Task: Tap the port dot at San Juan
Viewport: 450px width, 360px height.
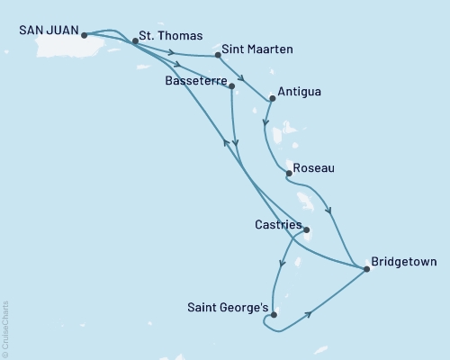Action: pyautogui.click(x=84, y=36)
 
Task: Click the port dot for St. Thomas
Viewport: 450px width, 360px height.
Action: pyautogui.click(x=135, y=40)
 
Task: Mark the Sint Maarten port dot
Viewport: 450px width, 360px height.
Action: pyautogui.click(x=218, y=56)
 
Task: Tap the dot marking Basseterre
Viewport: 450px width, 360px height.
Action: pyautogui.click(x=233, y=86)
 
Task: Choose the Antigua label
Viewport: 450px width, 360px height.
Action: pyautogui.click(x=301, y=92)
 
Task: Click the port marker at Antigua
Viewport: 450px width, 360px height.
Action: pyautogui.click(x=273, y=99)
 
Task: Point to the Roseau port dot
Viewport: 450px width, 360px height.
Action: pyautogui.click(x=287, y=172)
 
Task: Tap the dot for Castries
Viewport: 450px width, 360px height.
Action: pyautogui.click(x=306, y=229)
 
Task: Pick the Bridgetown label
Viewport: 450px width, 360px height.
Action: pyautogui.click(x=404, y=263)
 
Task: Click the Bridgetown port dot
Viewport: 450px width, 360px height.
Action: pyautogui.click(x=365, y=268)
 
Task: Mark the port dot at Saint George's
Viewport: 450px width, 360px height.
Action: pyautogui.click(x=274, y=314)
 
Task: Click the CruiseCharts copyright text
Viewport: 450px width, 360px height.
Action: pyautogui.click(x=5, y=328)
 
